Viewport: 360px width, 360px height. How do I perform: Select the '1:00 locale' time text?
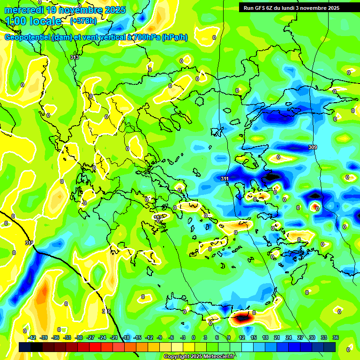tap(34, 21)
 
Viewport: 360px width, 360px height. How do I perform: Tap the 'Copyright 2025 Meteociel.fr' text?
tap(199, 356)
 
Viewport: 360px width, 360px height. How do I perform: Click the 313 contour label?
tap(75, 57)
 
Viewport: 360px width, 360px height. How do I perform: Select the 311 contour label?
tap(225, 179)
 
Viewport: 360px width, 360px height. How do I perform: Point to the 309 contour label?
tap(313, 148)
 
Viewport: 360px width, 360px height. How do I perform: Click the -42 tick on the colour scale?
tap(32, 337)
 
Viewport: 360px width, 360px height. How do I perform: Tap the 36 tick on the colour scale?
tap(336, 337)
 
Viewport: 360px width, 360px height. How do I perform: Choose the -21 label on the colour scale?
tap(114, 337)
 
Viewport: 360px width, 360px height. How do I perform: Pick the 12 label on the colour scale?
tap(241, 337)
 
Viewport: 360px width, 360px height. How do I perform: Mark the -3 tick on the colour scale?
tap(183, 337)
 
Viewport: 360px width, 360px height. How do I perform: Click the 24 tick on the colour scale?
tap(288, 337)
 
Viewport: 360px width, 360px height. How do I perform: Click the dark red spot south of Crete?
tap(242, 318)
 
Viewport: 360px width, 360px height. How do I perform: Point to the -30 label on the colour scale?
tap(79, 337)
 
